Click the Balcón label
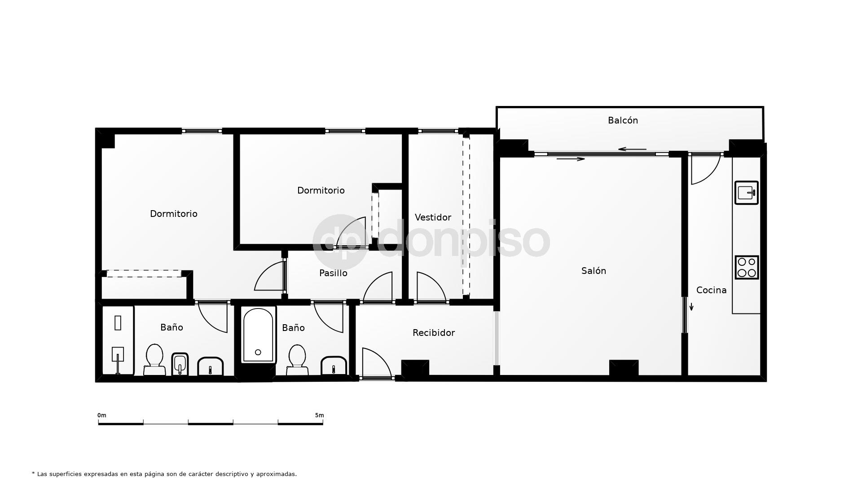click(x=623, y=120)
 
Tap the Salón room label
click(x=594, y=271)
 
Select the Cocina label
click(x=711, y=290)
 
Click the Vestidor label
click(x=433, y=217)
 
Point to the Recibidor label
click(x=434, y=333)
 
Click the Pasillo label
click(x=333, y=273)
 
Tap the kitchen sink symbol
click(x=746, y=193)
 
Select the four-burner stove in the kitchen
click(x=747, y=267)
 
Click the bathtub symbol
click(x=258, y=335)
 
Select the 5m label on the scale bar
click(x=319, y=415)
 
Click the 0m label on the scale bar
click(x=102, y=415)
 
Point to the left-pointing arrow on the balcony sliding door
click(x=632, y=149)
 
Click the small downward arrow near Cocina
click(x=691, y=307)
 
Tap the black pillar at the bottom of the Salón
click(x=624, y=368)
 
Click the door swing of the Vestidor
click(x=430, y=287)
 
